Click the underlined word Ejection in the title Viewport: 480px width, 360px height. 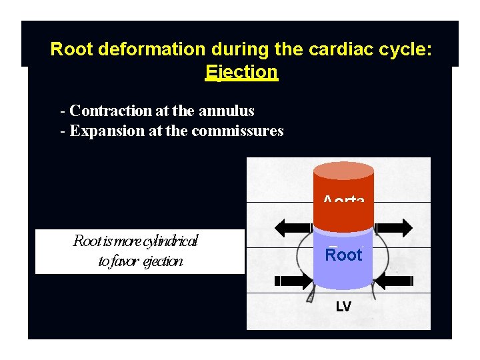pyautogui.click(x=241, y=71)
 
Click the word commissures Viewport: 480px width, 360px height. pyautogui.click(x=237, y=131)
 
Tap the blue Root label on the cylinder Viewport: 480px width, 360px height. pyautogui.click(x=343, y=255)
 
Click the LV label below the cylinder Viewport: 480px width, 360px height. pyautogui.click(x=343, y=307)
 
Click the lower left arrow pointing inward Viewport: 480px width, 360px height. pyautogui.click(x=292, y=281)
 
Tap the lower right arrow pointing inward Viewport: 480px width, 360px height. pyautogui.click(x=396, y=281)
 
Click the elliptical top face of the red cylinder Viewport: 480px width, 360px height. pyautogui.click(x=343, y=171)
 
